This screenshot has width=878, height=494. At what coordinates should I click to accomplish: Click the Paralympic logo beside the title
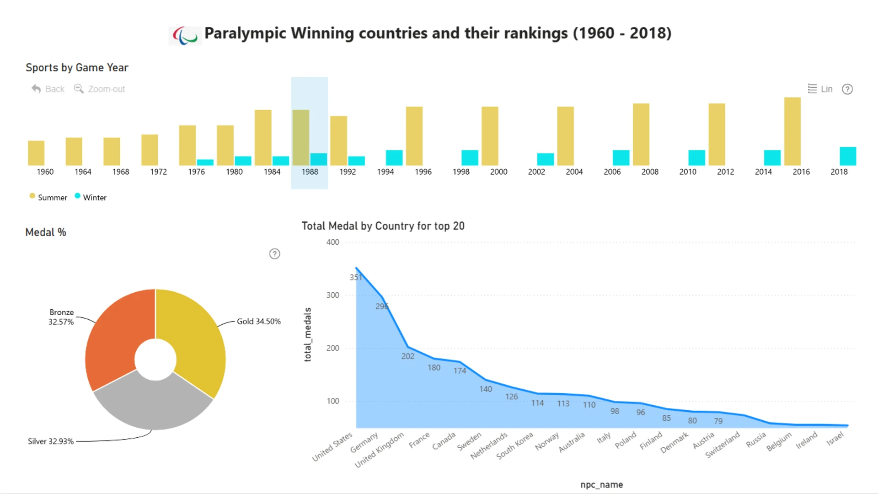[x=185, y=35]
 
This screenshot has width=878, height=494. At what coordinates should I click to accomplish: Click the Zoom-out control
[x=100, y=89]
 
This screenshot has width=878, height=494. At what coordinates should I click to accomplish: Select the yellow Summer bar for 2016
[x=792, y=131]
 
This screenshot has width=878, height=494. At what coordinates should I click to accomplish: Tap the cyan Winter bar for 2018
[x=848, y=156]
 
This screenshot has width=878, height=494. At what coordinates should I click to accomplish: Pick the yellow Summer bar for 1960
[x=36, y=153]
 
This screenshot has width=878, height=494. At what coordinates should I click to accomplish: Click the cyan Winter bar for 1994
[x=394, y=158]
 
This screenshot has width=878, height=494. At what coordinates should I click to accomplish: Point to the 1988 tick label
[x=310, y=172]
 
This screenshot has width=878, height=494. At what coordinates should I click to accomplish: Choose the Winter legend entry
[x=91, y=197]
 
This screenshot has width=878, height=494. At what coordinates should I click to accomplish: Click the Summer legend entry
[x=48, y=197]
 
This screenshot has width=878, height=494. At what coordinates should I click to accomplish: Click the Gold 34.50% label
[x=259, y=322]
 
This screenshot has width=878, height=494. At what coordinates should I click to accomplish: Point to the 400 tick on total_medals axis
[x=332, y=242]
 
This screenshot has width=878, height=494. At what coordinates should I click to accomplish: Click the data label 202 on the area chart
[x=408, y=356]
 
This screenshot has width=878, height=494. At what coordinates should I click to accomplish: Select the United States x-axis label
[x=332, y=447]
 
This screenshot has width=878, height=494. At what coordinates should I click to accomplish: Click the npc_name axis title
[x=602, y=484]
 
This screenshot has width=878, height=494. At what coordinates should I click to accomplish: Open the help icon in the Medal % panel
[x=274, y=254]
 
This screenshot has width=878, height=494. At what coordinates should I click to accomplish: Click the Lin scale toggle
[x=820, y=89]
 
